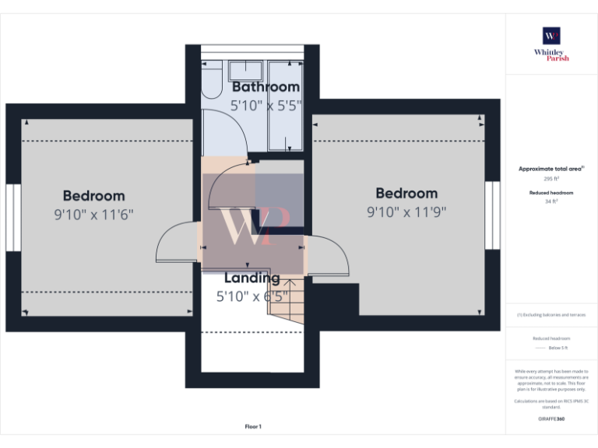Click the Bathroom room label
point(266,87)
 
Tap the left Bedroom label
point(93,196)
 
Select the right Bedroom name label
point(406,194)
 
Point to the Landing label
point(252,278)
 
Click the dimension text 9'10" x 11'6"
point(93,215)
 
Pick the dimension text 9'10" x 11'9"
point(406,212)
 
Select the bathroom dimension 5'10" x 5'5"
point(266,105)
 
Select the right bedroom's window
point(492,215)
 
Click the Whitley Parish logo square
point(551,36)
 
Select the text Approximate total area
point(550,169)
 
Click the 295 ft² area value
point(551,179)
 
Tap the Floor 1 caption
point(253,426)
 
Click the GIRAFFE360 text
point(551,419)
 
